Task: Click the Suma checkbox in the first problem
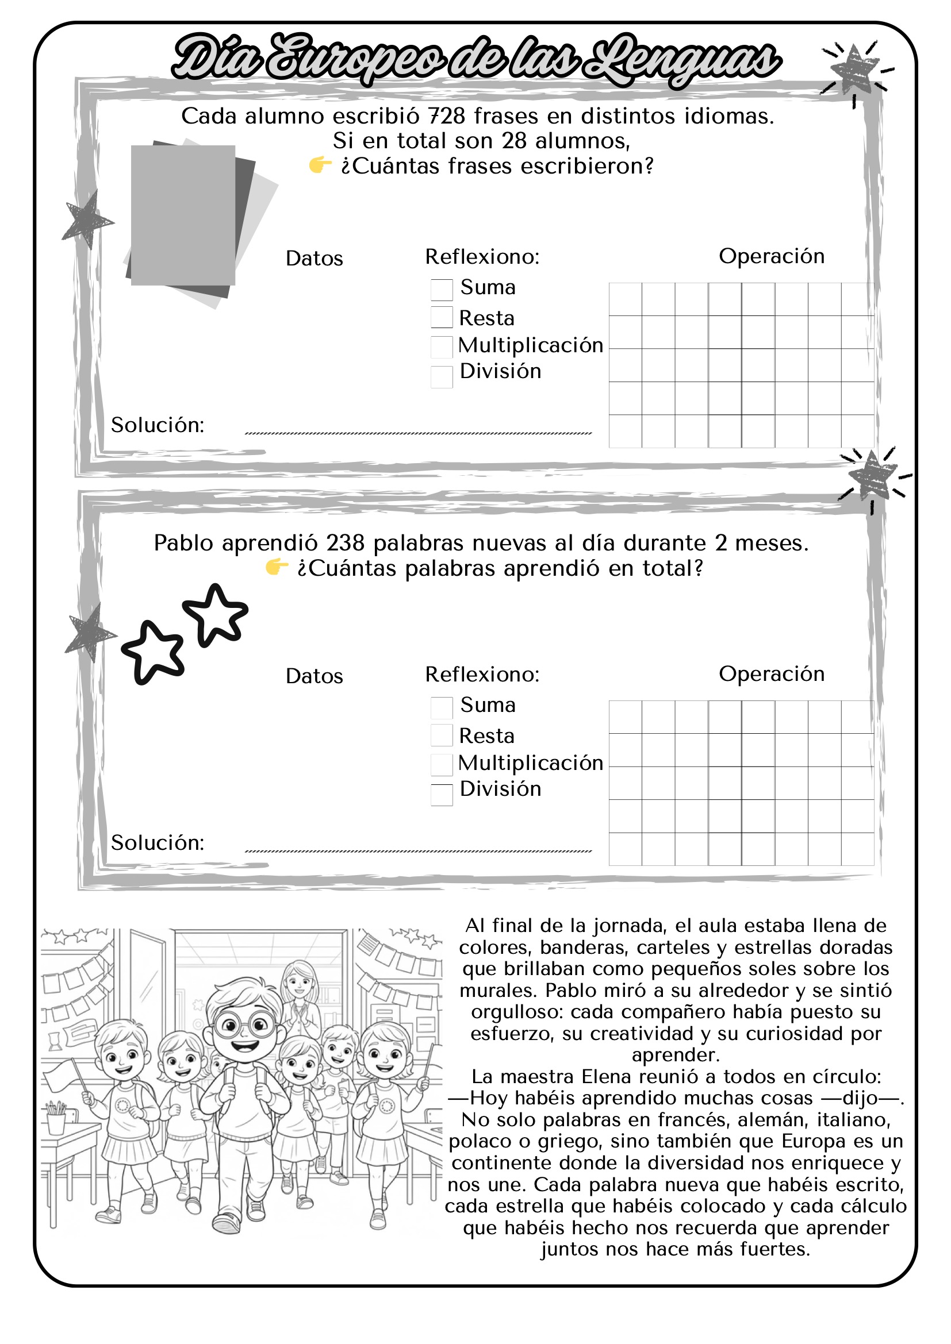[x=442, y=290]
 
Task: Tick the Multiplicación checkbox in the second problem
[x=442, y=764]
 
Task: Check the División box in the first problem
[x=442, y=377]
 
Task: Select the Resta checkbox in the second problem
[x=442, y=735]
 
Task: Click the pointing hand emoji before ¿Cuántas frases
[x=320, y=165]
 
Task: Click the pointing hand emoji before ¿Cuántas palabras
[x=277, y=567]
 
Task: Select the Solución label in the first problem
[x=158, y=425]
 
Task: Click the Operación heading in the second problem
[x=771, y=674]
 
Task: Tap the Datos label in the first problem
[x=314, y=259]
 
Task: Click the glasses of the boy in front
[x=244, y=1025]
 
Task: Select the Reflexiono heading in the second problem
[x=482, y=675]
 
